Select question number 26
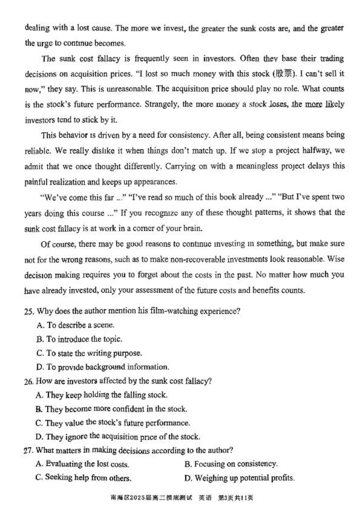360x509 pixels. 28,382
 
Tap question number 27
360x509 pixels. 28,451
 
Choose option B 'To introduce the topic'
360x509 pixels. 79,339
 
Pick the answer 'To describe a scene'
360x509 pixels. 75,325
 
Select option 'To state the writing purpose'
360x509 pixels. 89,353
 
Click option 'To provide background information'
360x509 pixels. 102,367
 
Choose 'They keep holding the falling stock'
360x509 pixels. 101,395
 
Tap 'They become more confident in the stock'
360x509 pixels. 111,409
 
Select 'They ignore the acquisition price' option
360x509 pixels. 117,437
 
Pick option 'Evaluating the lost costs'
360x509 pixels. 82,464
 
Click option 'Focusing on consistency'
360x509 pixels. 231,464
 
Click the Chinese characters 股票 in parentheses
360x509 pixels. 285,74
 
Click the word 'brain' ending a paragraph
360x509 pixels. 194,229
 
